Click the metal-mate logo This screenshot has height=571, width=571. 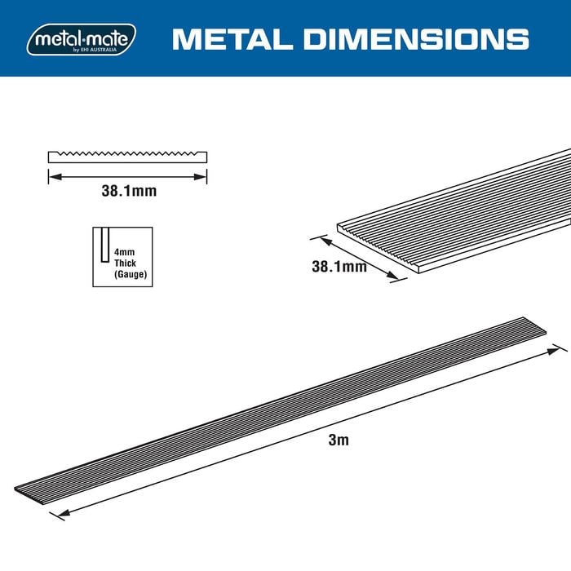pyautogui.click(x=81, y=38)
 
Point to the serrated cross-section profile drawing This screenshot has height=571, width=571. pyautogui.click(x=127, y=156)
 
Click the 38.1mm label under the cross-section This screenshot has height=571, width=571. pyautogui.click(x=128, y=193)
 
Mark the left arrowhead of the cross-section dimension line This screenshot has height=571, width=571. pyautogui.click(x=52, y=175)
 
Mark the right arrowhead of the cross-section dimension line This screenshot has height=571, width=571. pyautogui.click(x=203, y=175)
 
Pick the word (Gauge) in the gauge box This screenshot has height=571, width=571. pyautogui.click(x=131, y=275)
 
